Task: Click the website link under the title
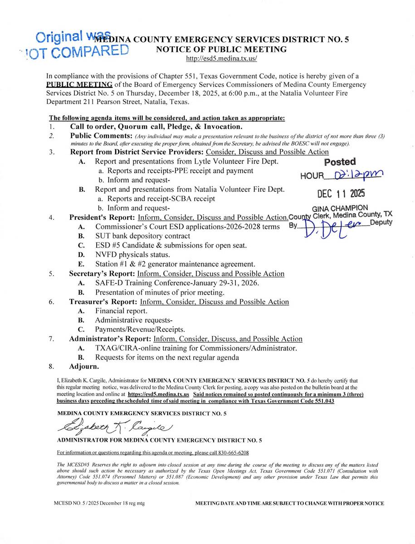pyautogui.click(x=221, y=58)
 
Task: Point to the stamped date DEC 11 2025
pyautogui.click(x=341, y=194)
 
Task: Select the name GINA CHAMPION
pyautogui.click(x=340, y=209)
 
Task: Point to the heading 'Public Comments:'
pyautogui.click(x=100, y=136)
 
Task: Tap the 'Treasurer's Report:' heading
pyautogui.click(x=103, y=302)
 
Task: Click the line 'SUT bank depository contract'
pyautogui.click(x=142, y=236)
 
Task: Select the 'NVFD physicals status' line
pyautogui.click(x=132, y=254)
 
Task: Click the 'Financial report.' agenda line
pyautogui.click(x=121, y=311)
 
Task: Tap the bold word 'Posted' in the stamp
pyautogui.click(x=340, y=162)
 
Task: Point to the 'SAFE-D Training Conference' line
pyautogui.click(x=177, y=283)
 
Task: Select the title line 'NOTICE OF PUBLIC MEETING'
pyautogui.click(x=221, y=49)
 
